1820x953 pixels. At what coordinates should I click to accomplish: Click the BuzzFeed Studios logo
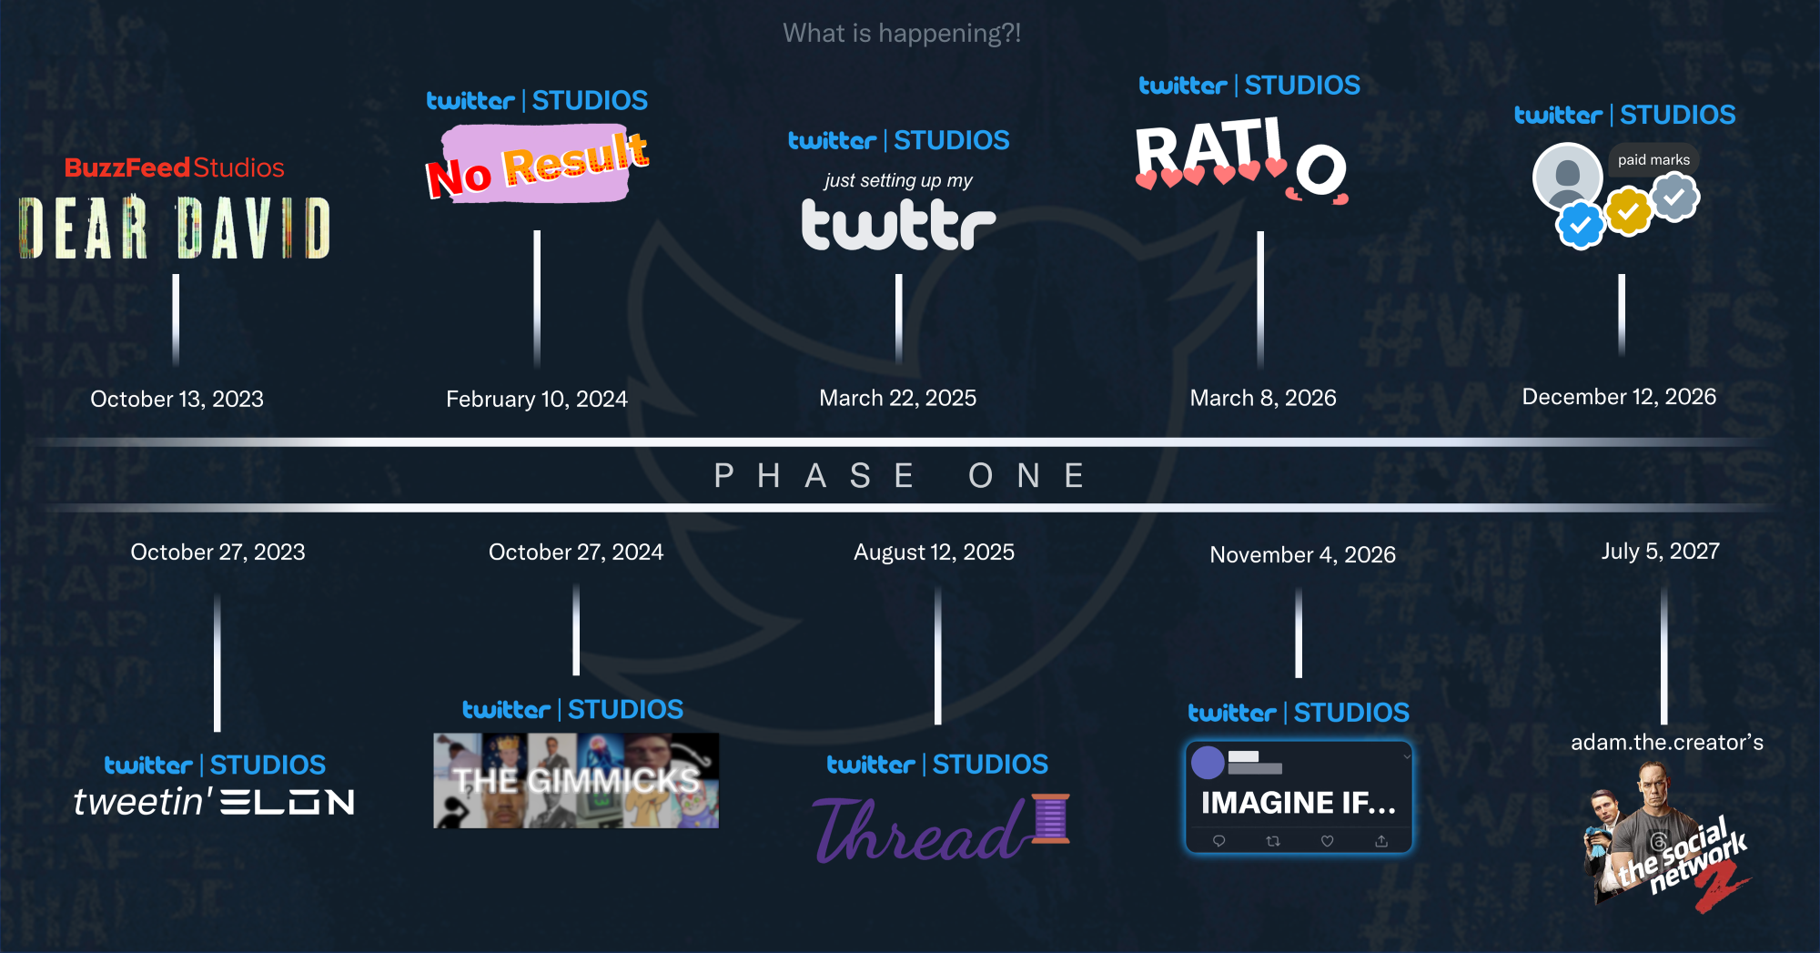(174, 167)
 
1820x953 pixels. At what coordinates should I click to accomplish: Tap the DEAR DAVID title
(175, 228)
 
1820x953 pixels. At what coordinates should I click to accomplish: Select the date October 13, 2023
(177, 399)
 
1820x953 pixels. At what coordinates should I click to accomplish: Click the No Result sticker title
(537, 164)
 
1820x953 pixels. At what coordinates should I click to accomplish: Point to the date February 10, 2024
(537, 399)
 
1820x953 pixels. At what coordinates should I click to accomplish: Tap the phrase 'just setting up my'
(898, 180)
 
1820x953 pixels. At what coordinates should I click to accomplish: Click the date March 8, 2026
(1263, 398)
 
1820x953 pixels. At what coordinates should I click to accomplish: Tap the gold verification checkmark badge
(1628, 211)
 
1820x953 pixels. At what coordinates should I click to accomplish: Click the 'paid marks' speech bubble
(1653, 160)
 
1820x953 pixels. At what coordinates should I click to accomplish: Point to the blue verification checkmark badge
(1580, 225)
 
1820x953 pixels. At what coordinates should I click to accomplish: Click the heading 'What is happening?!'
(902, 34)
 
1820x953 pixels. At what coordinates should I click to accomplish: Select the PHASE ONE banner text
(900, 475)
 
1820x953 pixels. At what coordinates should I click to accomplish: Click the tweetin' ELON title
(214, 802)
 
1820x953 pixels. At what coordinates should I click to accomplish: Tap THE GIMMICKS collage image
(576, 780)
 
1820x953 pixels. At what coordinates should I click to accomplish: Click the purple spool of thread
(1050, 817)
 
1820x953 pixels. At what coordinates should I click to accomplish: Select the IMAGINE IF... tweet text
(1298, 803)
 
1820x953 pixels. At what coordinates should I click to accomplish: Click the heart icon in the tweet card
(1327, 841)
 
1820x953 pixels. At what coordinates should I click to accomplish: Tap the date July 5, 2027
(1661, 551)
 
